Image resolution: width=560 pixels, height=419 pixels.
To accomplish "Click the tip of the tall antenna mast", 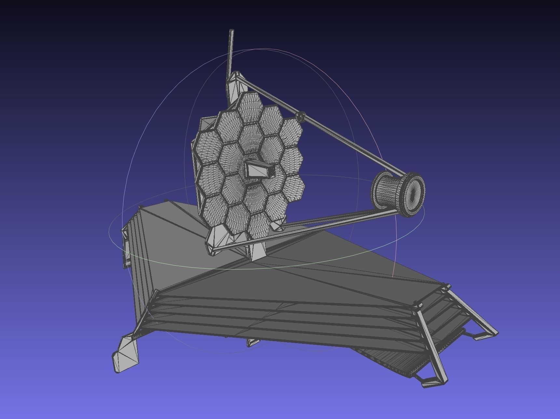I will coord(232,31).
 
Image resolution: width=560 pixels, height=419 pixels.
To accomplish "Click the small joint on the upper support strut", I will coord(301,116).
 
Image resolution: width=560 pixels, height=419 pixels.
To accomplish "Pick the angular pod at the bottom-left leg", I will coord(125,355).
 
